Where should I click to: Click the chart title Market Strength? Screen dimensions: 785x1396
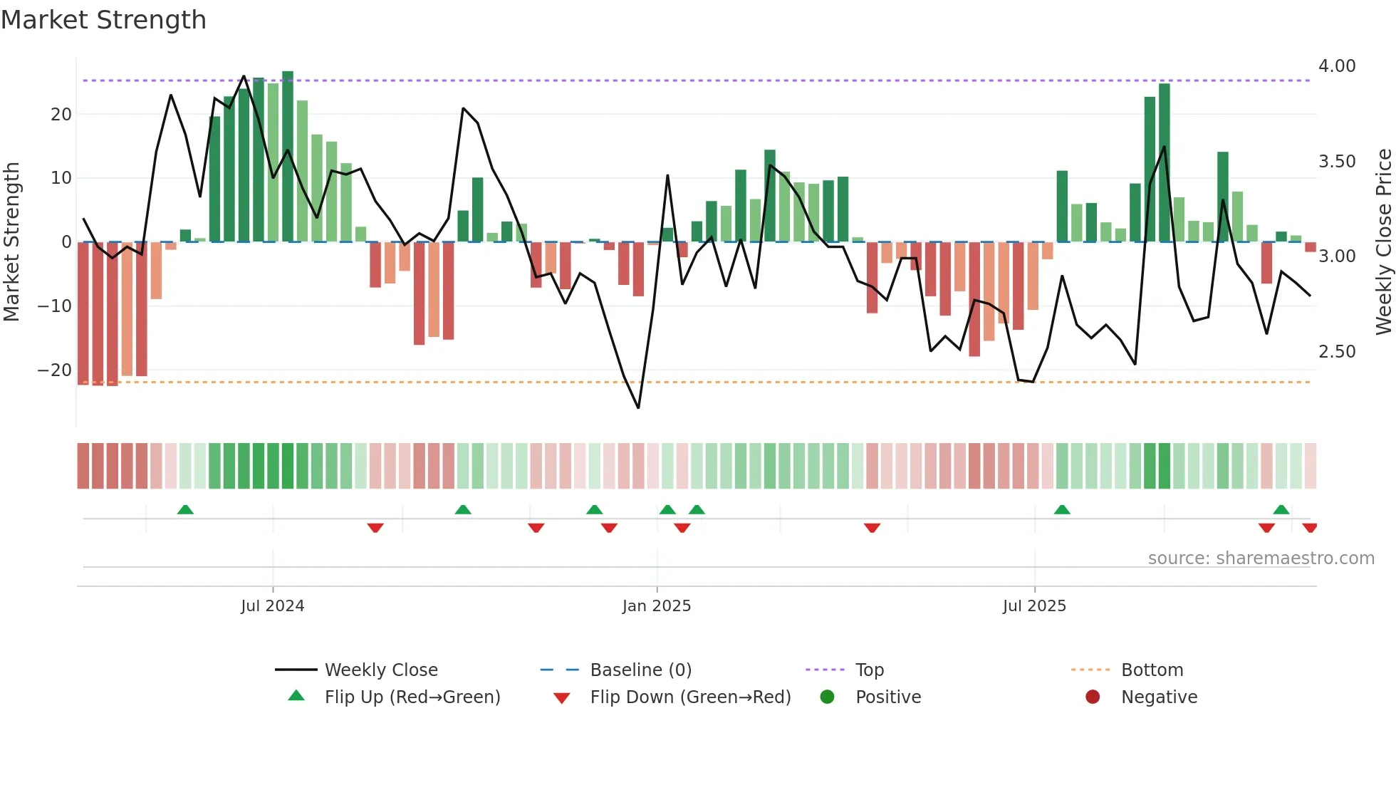(x=103, y=20)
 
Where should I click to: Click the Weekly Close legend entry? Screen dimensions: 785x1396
(x=380, y=670)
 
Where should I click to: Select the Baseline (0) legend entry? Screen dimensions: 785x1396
(x=640, y=670)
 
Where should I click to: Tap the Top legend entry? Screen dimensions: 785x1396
(x=869, y=670)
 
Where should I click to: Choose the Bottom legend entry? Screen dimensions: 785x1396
(x=1152, y=670)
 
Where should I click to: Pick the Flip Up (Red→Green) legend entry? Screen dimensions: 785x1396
(x=412, y=697)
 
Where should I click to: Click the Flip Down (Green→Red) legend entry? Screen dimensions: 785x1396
(x=689, y=697)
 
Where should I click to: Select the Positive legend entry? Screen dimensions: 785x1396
(x=887, y=697)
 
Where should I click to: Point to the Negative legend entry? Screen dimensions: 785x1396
(x=1159, y=697)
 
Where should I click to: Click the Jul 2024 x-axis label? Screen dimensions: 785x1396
(x=272, y=606)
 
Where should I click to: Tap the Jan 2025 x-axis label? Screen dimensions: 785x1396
(x=656, y=606)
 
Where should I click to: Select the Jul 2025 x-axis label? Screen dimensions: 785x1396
(x=1034, y=606)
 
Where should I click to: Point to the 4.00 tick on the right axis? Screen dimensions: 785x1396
(x=1337, y=66)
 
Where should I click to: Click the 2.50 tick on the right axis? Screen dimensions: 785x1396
(x=1337, y=352)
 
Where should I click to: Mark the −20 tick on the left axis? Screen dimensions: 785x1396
(x=54, y=370)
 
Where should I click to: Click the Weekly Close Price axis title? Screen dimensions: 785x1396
(x=1383, y=242)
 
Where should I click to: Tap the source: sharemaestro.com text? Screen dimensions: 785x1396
(x=1261, y=558)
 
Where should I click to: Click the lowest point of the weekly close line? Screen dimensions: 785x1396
(x=638, y=408)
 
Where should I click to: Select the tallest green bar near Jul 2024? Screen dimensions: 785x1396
(x=288, y=157)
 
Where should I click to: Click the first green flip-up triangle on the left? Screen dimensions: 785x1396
(x=185, y=510)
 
